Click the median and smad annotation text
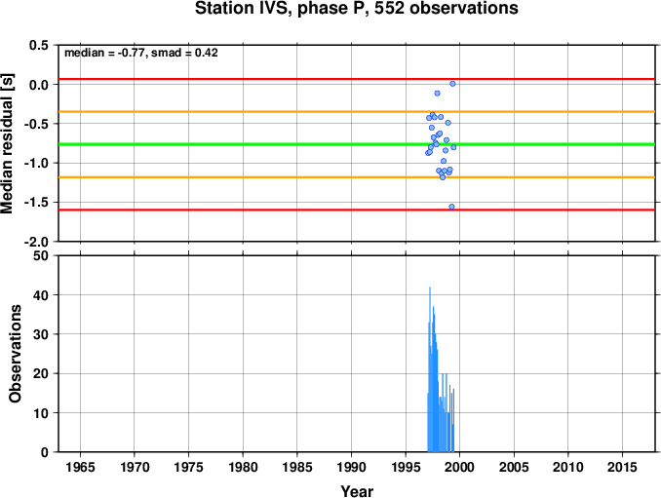[141, 53]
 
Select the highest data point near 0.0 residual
[452, 84]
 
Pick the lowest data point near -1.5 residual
[452, 207]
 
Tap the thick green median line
[357, 144]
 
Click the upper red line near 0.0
[357, 79]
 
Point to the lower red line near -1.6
[357, 210]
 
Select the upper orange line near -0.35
[357, 112]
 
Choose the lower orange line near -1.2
[357, 177]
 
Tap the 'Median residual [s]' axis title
[7, 144]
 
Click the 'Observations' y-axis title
[16, 354]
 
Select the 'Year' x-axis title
[357, 491]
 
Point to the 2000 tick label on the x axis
[459, 467]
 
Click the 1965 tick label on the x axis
[80, 467]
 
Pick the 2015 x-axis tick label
[622, 467]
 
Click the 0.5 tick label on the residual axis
[39, 45]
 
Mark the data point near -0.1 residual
[437, 94]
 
